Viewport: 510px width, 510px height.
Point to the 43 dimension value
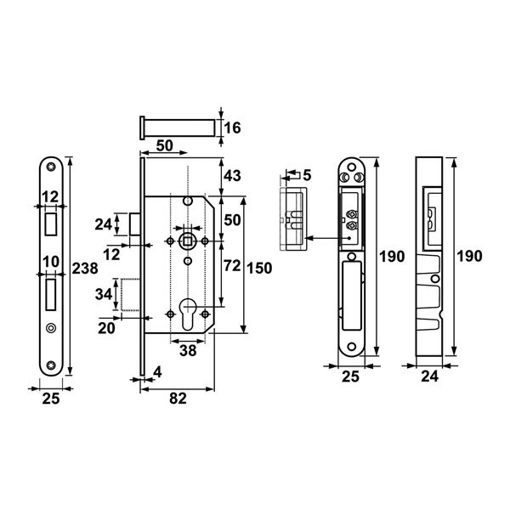click(x=233, y=176)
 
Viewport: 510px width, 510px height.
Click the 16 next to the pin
click(x=233, y=128)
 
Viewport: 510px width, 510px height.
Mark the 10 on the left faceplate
click(x=51, y=260)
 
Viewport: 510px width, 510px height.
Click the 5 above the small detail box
click(x=307, y=175)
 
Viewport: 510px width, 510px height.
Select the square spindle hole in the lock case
click(x=185, y=241)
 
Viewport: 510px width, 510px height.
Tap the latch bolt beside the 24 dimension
click(x=134, y=224)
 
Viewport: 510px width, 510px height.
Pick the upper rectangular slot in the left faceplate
click(x=51, y=223)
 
